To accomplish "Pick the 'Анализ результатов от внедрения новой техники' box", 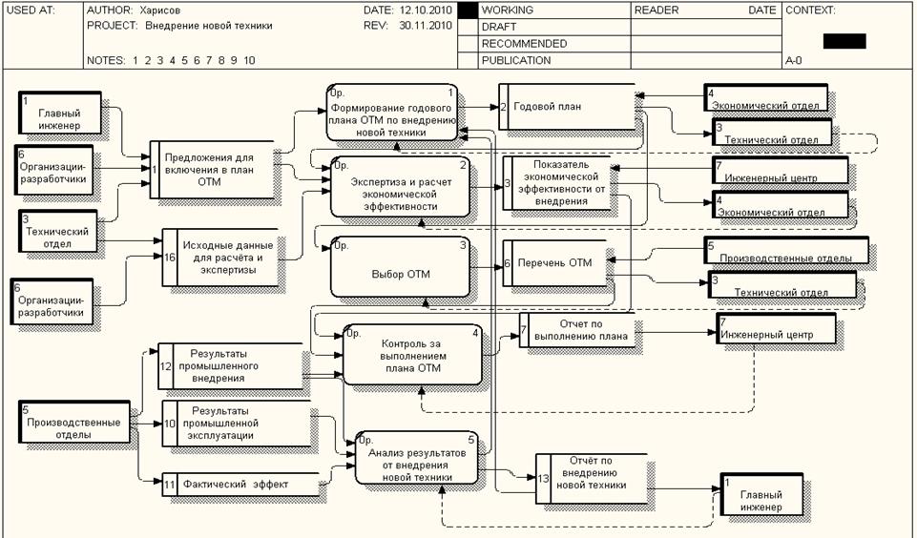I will [416, 459].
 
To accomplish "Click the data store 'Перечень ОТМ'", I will [555, 263].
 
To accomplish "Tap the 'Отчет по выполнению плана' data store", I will [575, 329].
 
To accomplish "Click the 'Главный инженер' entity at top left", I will [60, 118].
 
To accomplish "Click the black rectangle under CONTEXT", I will [844, 41].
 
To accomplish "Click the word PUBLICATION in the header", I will [516, 60].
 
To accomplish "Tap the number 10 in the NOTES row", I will [249, 60].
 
